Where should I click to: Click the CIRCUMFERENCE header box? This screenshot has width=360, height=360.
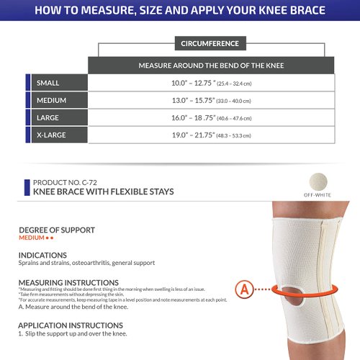coord(211,43)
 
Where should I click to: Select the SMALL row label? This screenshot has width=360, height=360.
coord(48,84)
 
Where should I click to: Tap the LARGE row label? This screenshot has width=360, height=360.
coord(48,117)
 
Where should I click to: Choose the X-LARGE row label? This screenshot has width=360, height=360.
coord(52,135)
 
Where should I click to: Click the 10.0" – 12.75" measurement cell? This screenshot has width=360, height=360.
coord(210,84)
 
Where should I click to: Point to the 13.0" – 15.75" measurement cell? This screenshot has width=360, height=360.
coord(210,101)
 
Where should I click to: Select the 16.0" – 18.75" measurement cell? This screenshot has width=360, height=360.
coord(210,117)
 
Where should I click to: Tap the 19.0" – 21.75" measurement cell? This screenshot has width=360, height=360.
coord(210,135)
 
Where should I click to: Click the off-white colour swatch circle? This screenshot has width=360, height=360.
coord(315,182)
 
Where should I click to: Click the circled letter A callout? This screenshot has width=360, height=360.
coord(245,290)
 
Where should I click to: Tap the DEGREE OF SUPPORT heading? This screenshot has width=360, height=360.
coord(57,230)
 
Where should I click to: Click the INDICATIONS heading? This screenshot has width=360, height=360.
coord(42,255)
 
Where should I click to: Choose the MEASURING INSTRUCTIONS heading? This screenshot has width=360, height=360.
coord(68,282)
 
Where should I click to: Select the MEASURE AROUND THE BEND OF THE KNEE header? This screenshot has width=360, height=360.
coord(210,66)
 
